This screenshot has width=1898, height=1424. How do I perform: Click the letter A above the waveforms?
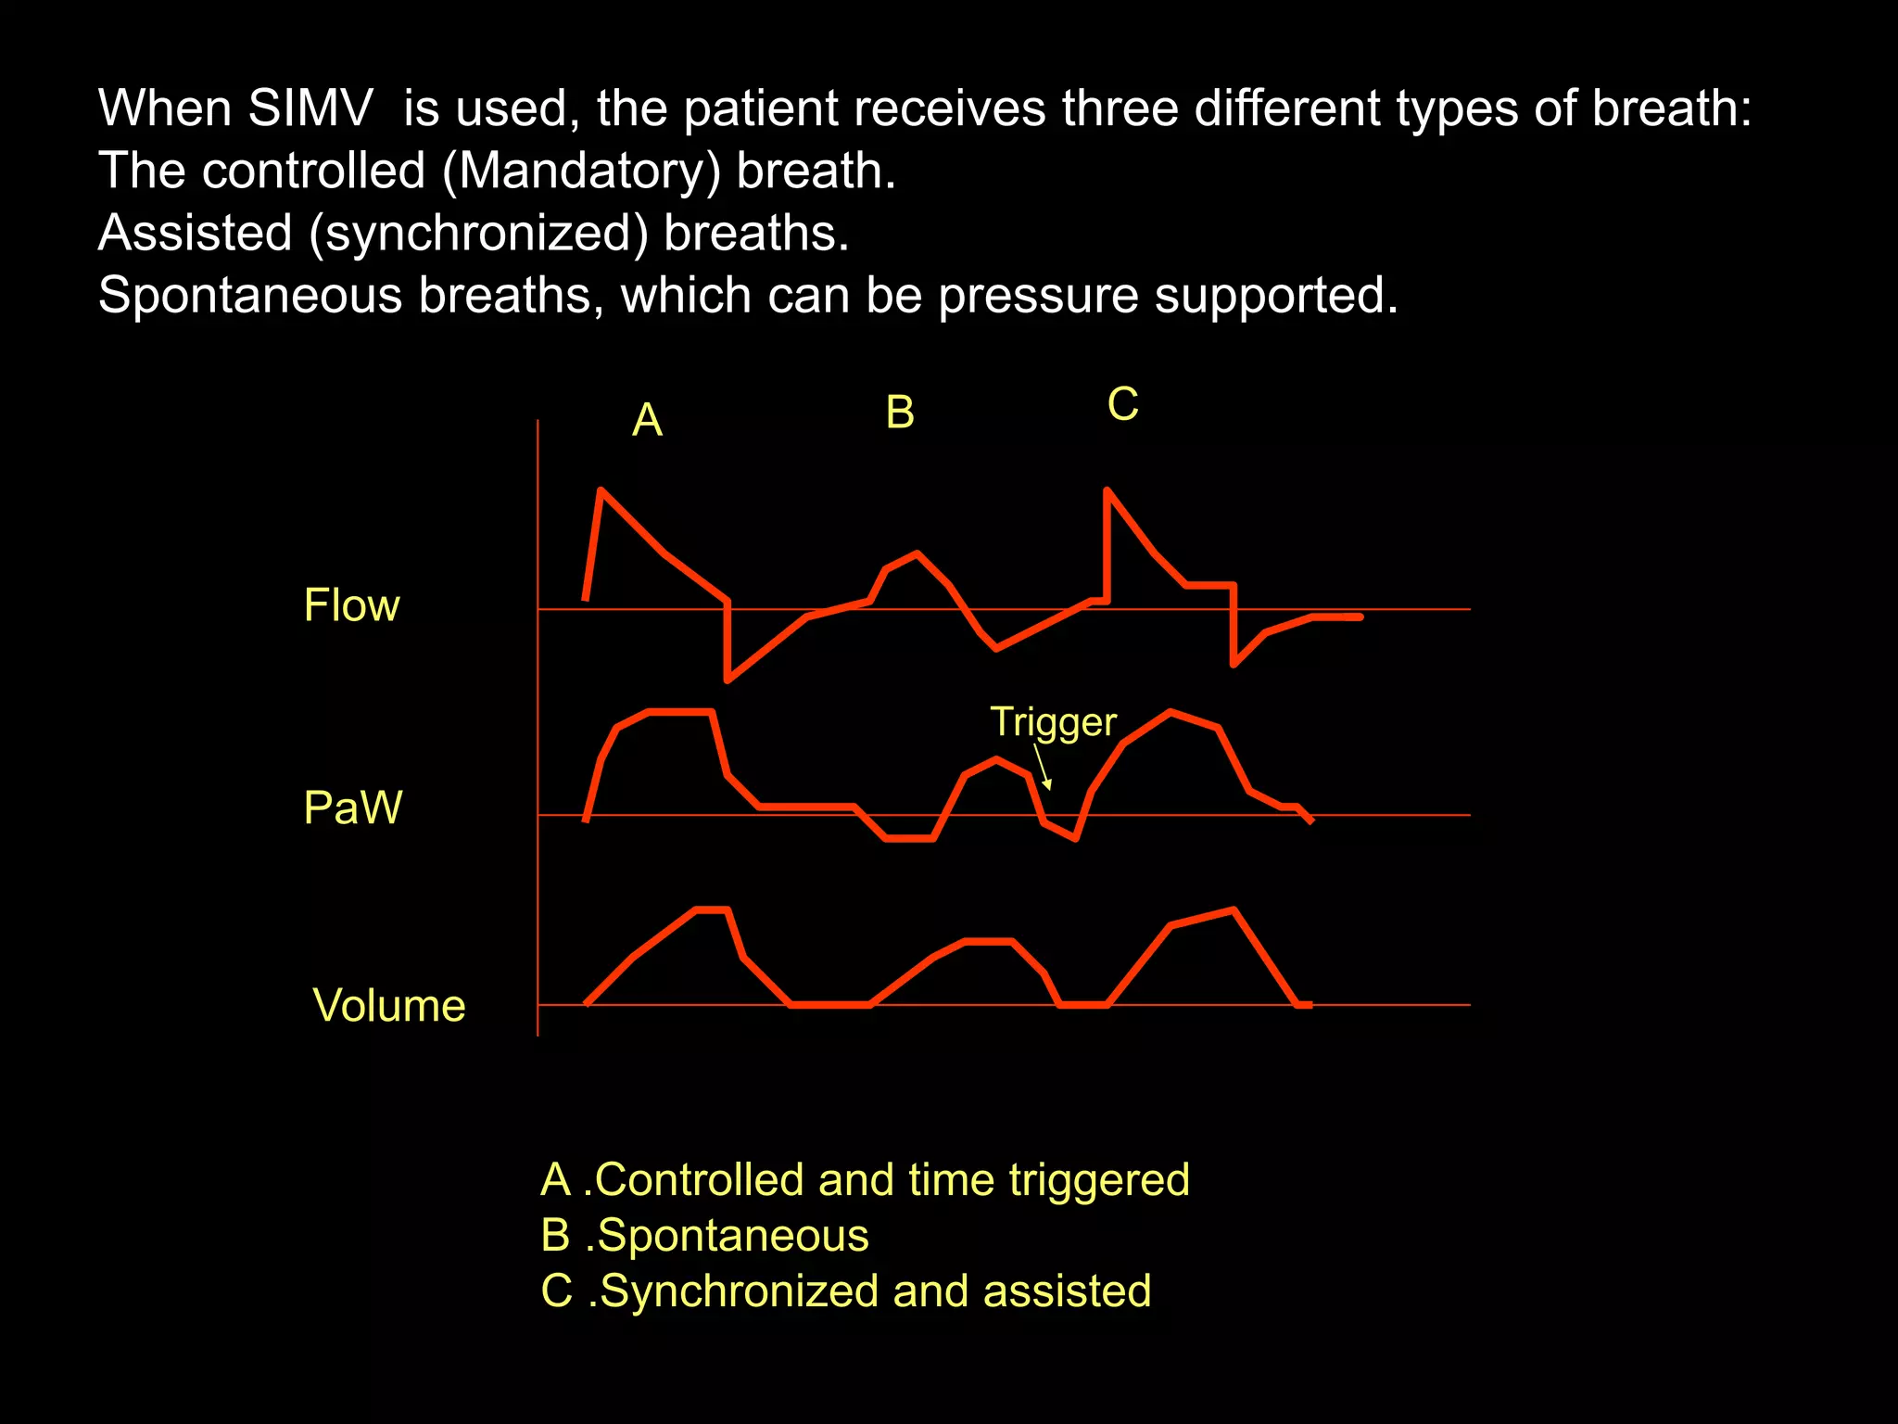click(647, 420)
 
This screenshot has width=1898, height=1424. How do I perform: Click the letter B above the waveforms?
click(900, 413)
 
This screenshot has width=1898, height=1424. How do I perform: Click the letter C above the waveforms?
click(1122, 404)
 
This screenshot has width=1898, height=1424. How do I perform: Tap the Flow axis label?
click(351, 605)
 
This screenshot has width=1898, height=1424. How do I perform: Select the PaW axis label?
click(352, 807)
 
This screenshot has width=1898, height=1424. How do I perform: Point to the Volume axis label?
click(389, 1006)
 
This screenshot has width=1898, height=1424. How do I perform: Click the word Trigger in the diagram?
click(1053, 722)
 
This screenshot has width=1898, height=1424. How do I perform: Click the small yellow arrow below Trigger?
click(1043, 769)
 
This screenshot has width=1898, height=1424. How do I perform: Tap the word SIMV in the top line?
click(310, 108)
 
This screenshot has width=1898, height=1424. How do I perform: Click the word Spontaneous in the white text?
click(250, 296)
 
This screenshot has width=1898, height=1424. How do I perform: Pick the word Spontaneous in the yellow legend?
click(733, 1236)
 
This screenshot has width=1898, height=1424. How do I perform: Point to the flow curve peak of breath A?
click(602, 489)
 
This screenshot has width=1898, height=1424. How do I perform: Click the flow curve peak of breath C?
click(1107, 489)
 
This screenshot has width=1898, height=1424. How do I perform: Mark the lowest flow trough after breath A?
click(728, 680)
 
